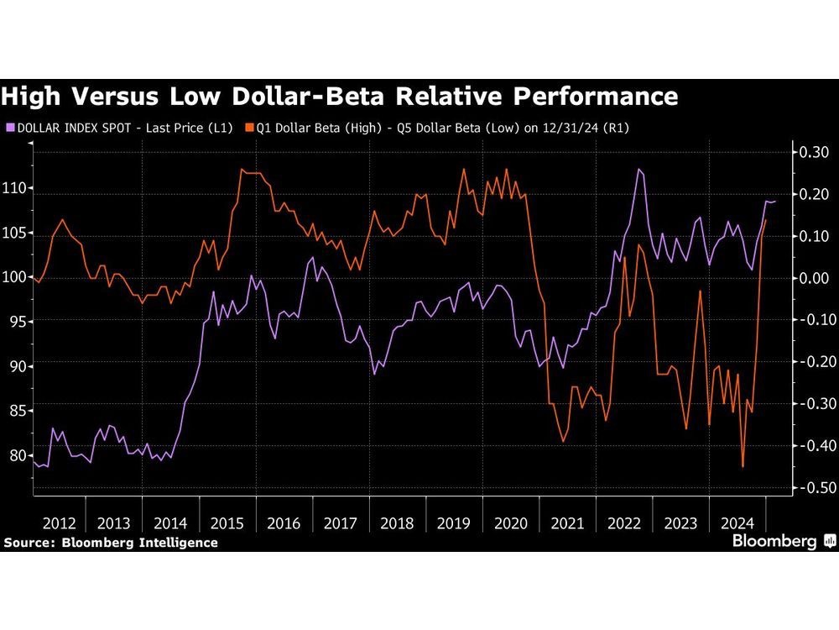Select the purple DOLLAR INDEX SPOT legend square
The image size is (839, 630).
coord(10,129)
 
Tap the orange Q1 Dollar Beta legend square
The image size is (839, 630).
coord(248,129)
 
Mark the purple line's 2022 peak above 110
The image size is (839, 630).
coord(639,170)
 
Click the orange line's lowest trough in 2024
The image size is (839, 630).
coord(743,466)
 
